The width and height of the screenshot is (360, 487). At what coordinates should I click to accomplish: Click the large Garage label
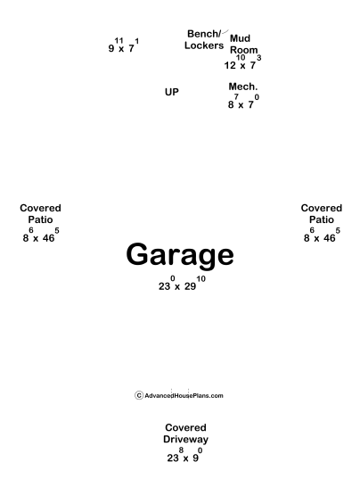click(x=180, y=255)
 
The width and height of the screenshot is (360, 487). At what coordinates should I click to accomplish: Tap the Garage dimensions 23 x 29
click(x=182, y=284)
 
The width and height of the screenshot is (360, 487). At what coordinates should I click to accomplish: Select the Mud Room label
click(x=244, y=44)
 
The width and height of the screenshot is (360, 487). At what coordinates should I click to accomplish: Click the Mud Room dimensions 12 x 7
click(x=242, y=62)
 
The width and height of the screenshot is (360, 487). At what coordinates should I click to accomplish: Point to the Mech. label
click(x=243, y=87)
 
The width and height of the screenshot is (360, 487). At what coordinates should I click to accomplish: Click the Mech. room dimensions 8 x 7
click(x=243, y=102)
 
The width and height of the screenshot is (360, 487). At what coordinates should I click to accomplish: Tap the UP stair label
click(x=172, y=92)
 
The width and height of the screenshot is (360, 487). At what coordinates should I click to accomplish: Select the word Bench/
click(x=204, y=34)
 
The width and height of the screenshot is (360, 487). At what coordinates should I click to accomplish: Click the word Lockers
click(x=204, y=45)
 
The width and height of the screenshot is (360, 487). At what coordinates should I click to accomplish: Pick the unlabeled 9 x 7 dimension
click(x=124, y=45)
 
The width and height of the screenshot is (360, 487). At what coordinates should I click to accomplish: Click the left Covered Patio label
click(x=40, y=214)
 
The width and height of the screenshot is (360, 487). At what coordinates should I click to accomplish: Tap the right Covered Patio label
click(x=322, y=214)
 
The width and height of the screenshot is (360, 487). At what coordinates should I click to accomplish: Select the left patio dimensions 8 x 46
click(x=41, y=235)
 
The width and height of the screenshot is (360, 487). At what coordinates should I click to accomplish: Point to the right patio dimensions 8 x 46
click(x=322, y=235)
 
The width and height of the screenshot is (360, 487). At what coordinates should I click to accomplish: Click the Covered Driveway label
click(x=185, y=433)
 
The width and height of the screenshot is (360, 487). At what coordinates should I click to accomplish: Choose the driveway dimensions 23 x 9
click(x=184, y=455)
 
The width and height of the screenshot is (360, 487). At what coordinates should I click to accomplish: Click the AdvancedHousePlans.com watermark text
click(x=184, y=396)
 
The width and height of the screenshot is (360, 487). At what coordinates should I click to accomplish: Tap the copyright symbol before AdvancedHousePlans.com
click(x=139, y=395)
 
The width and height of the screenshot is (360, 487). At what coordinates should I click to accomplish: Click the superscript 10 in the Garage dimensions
click(x=200, y=278)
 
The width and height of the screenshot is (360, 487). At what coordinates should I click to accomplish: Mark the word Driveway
click(x=185, y=440)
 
